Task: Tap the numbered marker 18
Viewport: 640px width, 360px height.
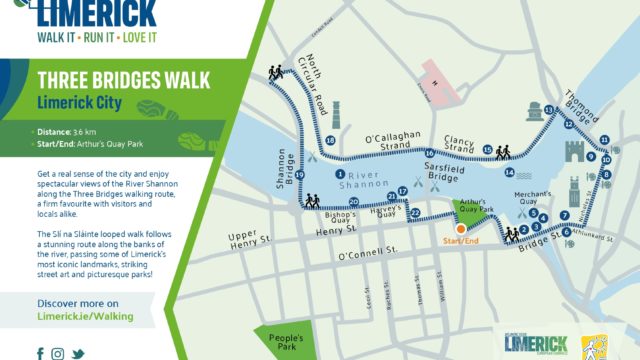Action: pos(331,141)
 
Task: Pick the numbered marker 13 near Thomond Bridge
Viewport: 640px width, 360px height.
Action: pos(549,109)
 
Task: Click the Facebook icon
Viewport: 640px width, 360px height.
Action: pos(41,353)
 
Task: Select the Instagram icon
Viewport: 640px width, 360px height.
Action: pos(58,353)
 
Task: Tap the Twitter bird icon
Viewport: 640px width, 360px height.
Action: pos(77,353)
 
